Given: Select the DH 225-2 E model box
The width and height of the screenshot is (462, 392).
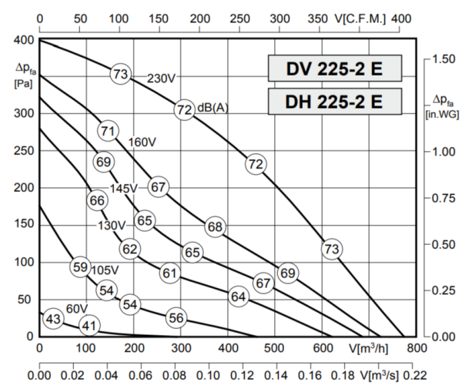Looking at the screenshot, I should pos(334,101).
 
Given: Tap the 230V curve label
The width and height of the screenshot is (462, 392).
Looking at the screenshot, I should pos(162,78).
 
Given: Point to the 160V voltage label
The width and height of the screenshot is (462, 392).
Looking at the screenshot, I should pos(142,142).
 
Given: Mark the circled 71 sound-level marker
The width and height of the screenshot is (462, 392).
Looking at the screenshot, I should pos(107,132).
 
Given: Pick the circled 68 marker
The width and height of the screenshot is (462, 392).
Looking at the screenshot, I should pos(215,226).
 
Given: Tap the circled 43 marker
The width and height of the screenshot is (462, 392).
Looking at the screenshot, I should pos(52,319).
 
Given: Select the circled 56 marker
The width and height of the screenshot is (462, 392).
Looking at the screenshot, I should pos(176,317).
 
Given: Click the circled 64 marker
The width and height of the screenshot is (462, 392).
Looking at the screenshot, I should pos(238,297).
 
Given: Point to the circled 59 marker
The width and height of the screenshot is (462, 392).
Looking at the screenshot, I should pos(80,267).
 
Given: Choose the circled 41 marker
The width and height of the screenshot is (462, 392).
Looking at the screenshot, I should pos(89,326).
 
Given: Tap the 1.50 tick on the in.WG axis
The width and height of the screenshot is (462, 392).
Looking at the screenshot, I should pos(446,59).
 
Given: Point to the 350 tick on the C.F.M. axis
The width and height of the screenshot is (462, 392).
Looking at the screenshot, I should pos(317,17).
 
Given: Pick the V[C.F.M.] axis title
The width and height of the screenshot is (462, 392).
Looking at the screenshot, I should pos(360,17).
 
